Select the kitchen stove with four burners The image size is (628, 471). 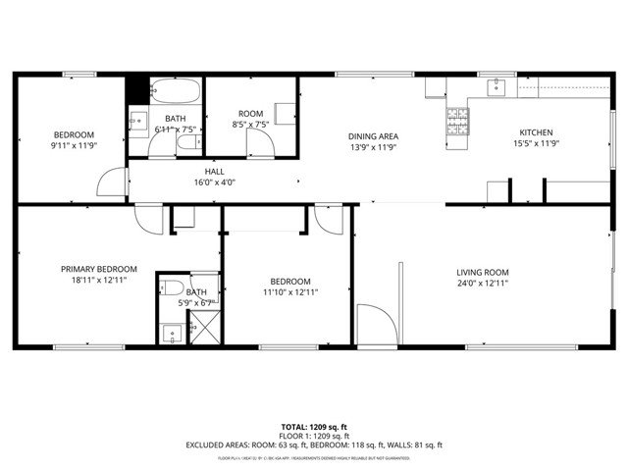click(x=457, y=123)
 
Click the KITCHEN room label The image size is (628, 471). click(x=536, y=132)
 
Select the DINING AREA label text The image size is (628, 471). click(x=373, y=136)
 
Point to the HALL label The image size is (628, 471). click(x=215, y=170)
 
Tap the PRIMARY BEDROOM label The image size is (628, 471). click(x=98, y=269)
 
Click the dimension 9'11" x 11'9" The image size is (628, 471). click(x=74, y=146)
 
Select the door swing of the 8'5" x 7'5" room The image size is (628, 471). click(x=259, y=142)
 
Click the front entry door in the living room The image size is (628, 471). click(x=370, y=325)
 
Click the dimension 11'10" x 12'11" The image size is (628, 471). click(x=289, y=291)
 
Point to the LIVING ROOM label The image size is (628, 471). click(x=482, y=272)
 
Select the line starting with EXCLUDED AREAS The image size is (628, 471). click(x=314, y=445)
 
